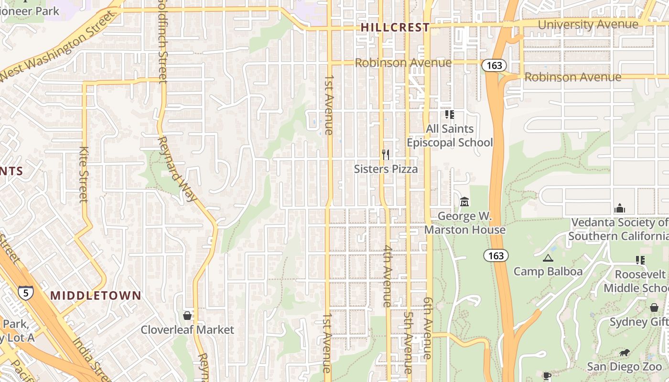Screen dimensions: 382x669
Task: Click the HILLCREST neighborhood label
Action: [x=395, y=28]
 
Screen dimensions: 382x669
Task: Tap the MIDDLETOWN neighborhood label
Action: [x=96, y=296]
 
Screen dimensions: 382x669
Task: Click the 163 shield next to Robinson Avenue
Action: [x=494, y=65]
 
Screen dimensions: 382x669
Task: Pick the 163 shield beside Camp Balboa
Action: [x=496, y=255]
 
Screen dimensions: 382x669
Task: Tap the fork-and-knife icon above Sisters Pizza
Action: [x=386, y=155]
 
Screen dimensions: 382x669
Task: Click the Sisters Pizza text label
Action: [x=386, y=169]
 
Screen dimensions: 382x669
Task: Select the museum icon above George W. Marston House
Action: [x=464, y=202]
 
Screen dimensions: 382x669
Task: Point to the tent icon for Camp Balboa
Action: [x=548, y=258]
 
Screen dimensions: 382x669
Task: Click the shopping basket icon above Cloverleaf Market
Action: [x=187, y=316]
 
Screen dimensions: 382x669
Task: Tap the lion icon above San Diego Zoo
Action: [x=624, y=353]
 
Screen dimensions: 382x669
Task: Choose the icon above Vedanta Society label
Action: [x=620, y=208]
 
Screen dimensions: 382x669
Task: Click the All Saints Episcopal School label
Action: [x=450, y=136]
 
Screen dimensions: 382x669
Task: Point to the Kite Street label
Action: [x=84, y=174]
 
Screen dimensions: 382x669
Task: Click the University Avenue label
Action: [x=588, y=24]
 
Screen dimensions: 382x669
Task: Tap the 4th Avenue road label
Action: [x=388, y=276]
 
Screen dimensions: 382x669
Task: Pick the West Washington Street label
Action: [x=57, y=47]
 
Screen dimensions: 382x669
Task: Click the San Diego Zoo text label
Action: [x=624, y=367]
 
